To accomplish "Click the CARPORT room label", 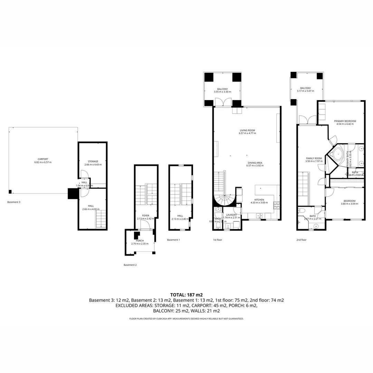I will (41, 159).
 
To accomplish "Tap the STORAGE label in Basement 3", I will (93, 161).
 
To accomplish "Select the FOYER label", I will (145, 216).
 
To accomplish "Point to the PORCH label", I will (140, 241).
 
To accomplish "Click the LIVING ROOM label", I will (247, 131).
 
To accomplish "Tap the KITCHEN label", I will (259, 200).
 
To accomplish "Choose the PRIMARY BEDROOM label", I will (345, 121).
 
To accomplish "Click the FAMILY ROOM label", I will (313, 158).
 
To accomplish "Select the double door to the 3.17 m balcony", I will (307, 120).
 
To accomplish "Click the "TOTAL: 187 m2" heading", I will (186, 295).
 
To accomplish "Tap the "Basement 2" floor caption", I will (130, 265).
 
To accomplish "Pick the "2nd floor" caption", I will (301, 240).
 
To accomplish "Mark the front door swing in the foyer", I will (145, 226).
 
